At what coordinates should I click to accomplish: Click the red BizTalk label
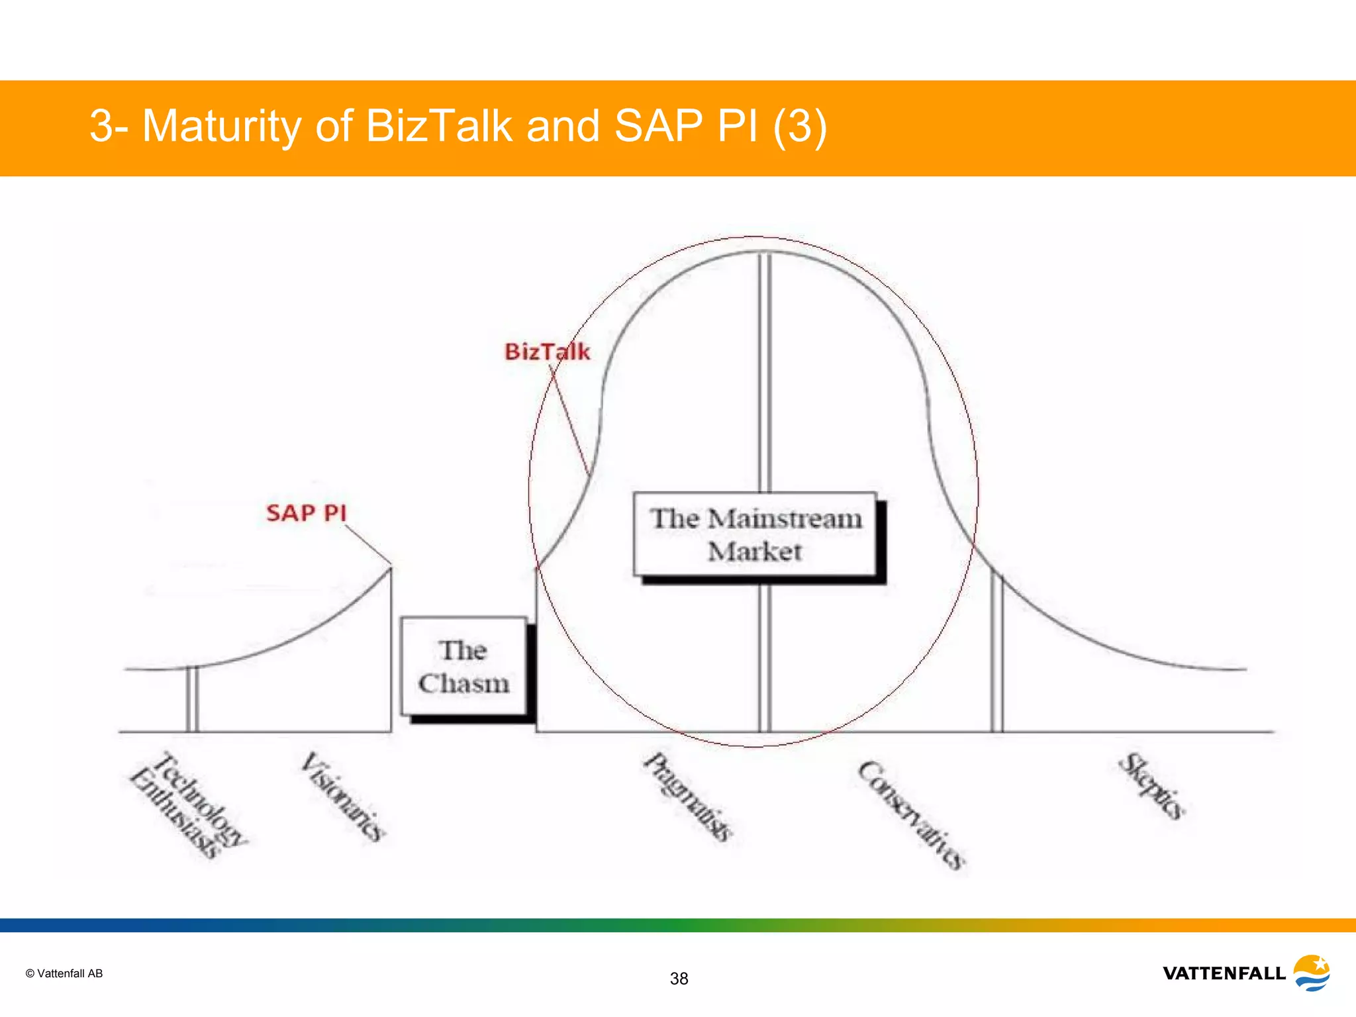click(x=547, y=352)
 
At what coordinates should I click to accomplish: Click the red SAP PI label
click(x=306, y=513)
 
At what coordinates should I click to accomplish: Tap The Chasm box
click(x=463, y=667)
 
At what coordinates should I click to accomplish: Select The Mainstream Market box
click(x=755, y=534)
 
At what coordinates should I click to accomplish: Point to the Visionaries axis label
click(x=342, y=796)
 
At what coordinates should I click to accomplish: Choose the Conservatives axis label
click(x=912, y=814)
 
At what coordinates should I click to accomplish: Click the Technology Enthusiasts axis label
click(x=188, y=804)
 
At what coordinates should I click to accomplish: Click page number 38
click(x=679, y=979)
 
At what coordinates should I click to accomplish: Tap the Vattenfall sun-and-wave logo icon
click(x=1312, y=973)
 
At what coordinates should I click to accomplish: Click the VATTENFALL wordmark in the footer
click(x=1224, y=973)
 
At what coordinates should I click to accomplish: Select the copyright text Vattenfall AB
click(x=64, y=973)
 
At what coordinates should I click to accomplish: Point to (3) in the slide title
click(x=800, y=126)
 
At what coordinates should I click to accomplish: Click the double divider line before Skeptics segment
click(x=997, y=655)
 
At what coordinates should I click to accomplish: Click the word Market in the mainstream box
click(x=755, y=552)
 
